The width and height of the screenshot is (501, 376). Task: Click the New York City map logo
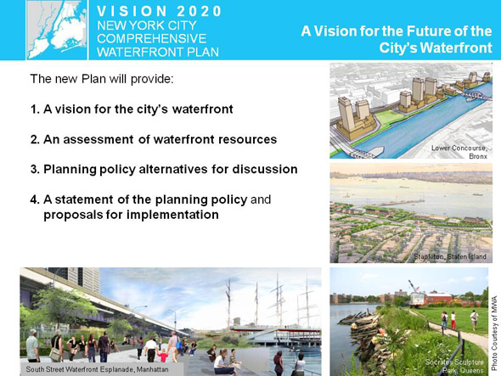(x=57, y=30)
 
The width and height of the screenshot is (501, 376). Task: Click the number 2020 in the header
(x=200, y=11)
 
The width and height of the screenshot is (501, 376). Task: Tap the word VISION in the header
(x=132, y=11)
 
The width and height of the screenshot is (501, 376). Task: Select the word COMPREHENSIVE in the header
(x=152, y=38)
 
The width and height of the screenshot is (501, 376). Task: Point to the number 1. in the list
(x=35, y=109)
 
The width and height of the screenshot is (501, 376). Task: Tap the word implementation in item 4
(x=172, y=215)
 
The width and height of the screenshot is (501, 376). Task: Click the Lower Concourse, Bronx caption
(x=459, y=152)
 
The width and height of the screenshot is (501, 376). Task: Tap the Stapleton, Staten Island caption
(x=450, y=256)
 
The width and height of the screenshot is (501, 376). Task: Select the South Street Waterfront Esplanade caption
(x=97, y=369)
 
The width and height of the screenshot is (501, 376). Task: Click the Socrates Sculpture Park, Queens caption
(x=454, y=367)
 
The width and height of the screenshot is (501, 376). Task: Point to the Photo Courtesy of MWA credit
(x=494, y=333)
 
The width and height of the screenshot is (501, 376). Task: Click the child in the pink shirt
(x=163, y=355)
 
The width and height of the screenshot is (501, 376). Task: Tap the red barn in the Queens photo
(x=440, y=297)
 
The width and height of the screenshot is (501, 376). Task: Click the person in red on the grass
(x=453, y=321)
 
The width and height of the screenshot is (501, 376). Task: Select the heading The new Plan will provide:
(x=102, y=79)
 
